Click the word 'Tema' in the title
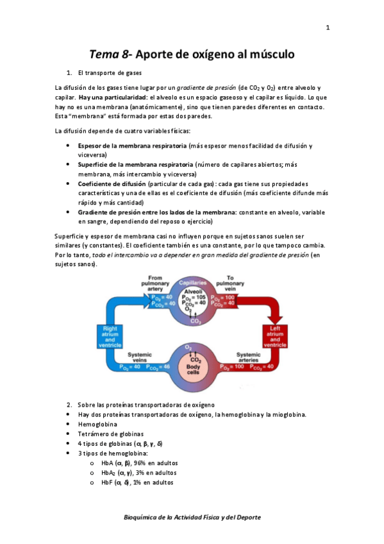coord(101,55)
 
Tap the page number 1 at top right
coord(327,27)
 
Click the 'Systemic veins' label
coord(140,357)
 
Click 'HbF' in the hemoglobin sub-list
coord(107,482)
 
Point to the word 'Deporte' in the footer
coord(246,517)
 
